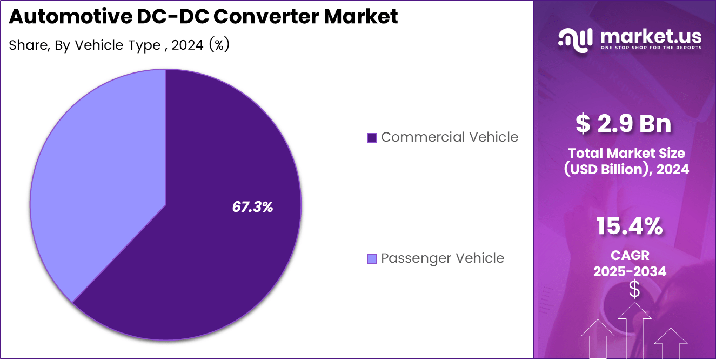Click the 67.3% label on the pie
[x=252, y=206]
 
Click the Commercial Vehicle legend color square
[x=371, y=138]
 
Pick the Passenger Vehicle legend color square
[x=371, y=259]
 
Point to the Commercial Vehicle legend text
[x=449, y=137]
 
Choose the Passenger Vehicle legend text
[x=442, y=258]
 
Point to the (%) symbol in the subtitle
[x=219, y=45]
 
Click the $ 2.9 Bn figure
[x=624, y=124]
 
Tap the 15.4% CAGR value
[x=630, y=226]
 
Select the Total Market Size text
[x=626, y=153]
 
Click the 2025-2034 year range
[x=630, y=271]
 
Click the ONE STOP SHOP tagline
[x=651, y=48]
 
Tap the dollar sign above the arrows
[x=634, y=290]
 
